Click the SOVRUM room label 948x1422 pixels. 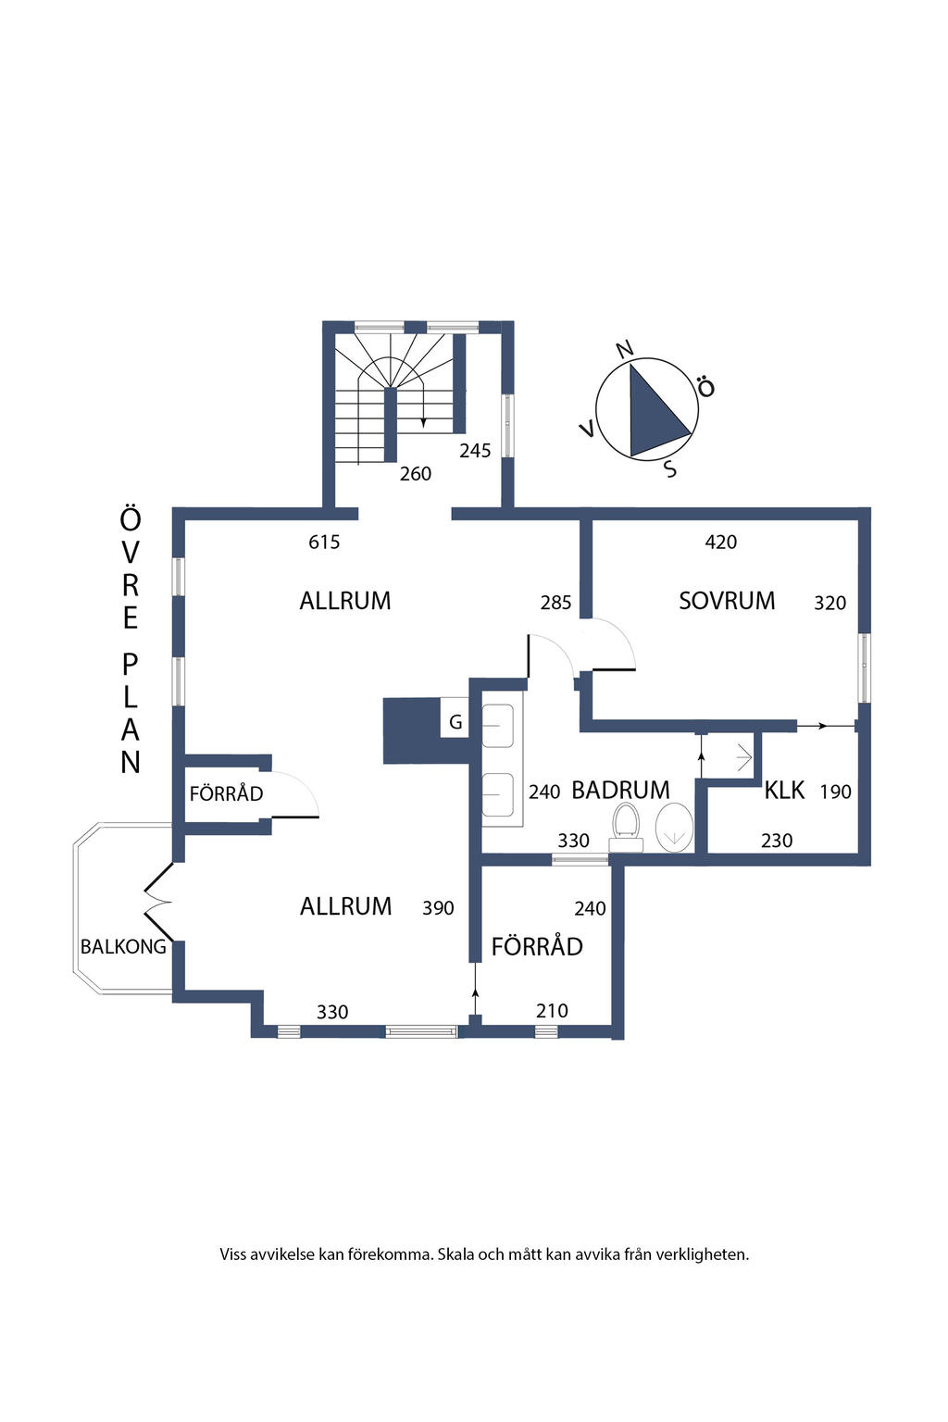tap(727, 601)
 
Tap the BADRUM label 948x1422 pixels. tap(620, 791)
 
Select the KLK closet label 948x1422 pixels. tap(784, 791)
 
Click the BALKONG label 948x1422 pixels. tap(123, 946)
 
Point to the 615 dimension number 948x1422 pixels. tap(324, 543)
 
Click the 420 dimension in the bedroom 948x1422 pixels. tap(720, 543)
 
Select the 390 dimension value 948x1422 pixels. tap(438, 908)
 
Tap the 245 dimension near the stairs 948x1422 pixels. tap(475, 451)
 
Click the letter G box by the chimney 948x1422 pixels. tap(455, 722)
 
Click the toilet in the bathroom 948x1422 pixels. tap(626, 827)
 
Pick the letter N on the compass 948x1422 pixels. tap(625, 348)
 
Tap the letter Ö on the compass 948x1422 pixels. tap(705, 387)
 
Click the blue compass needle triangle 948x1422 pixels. tap(654, 413)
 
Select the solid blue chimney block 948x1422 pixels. tap(413, 730)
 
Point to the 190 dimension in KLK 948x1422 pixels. tap(835, 792)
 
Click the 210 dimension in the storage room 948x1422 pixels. tap(552, 1011)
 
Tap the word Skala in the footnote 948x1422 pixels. tap(455, 1254)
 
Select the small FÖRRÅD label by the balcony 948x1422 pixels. tap(226, 793)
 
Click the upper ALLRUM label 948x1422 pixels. tap(344, 601)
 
